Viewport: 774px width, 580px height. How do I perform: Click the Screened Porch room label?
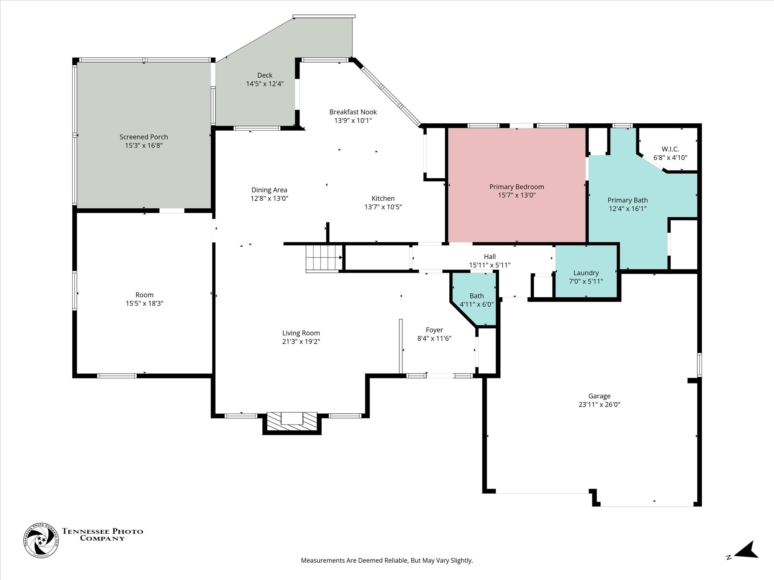(144, 137)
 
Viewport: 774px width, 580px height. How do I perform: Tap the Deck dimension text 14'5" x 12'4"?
(265, 84)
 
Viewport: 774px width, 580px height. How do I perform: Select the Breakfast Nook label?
(353, 112)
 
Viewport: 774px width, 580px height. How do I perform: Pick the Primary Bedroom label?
(517, 187)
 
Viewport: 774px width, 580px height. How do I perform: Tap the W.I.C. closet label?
(670, 149)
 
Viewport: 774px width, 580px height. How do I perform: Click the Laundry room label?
(586, 273)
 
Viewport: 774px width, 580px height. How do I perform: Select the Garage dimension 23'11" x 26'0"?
(599, 404)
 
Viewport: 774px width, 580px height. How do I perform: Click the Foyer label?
(434, 330)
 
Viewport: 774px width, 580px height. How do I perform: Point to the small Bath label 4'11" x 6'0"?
(477, 304)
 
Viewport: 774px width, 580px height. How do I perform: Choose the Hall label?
(490, 256)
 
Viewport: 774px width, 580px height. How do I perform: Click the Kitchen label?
(383, 198)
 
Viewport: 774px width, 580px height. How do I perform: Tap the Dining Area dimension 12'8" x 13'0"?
(269, 198)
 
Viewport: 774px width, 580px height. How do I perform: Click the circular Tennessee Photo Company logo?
(41, 540)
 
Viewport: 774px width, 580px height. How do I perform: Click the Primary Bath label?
(628, 200)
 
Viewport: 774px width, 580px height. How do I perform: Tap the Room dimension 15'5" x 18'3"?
(144, 304)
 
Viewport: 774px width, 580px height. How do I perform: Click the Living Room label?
(301, 333)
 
